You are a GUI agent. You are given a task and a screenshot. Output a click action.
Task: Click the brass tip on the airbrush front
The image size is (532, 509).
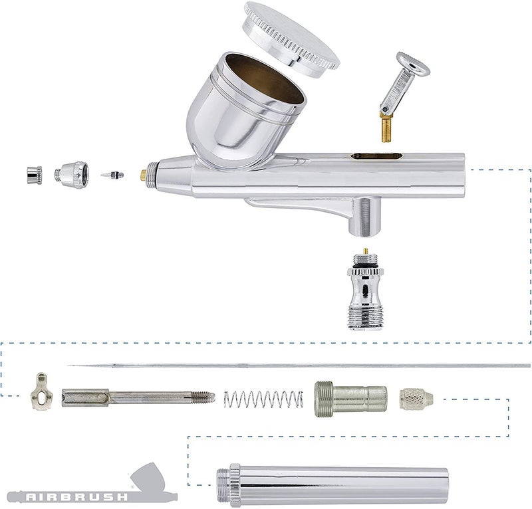click(143, 175)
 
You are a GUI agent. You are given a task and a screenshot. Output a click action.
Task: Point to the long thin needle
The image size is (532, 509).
click(299, 365)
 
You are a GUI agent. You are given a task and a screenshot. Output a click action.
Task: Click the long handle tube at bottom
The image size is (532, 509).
click(332, 484)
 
